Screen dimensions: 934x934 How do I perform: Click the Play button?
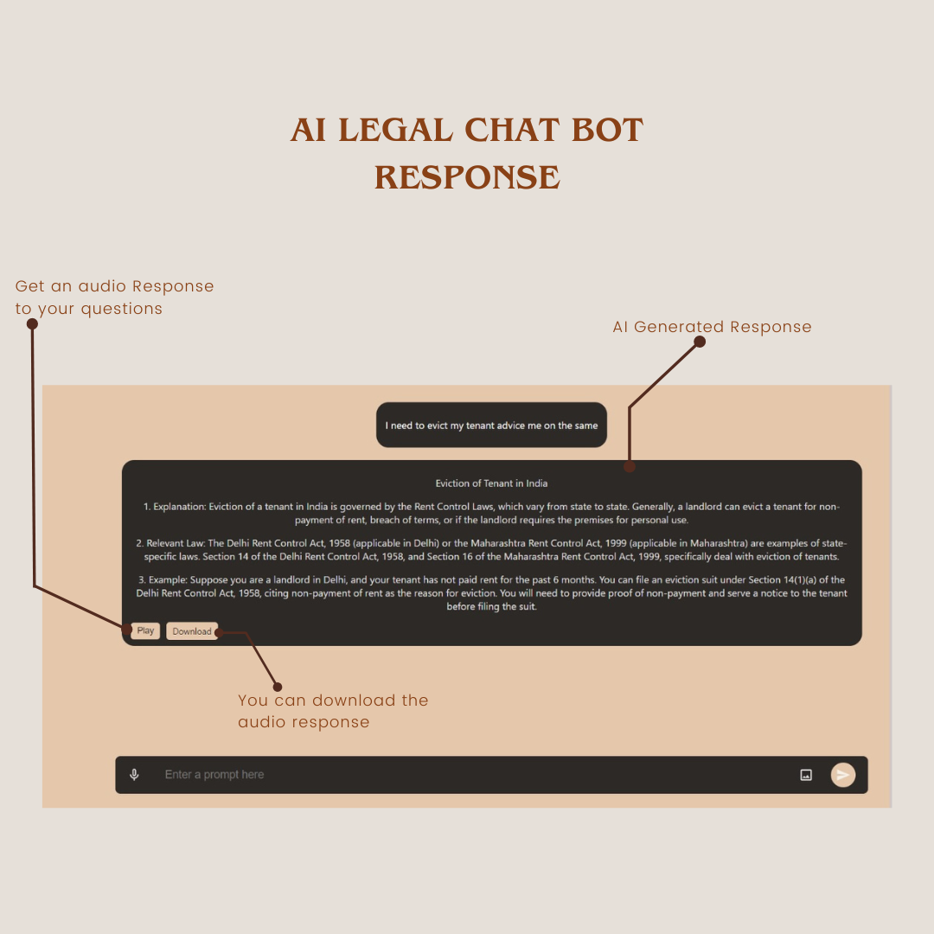[x=145, y=630]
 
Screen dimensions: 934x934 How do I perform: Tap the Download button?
[x=192, y=631]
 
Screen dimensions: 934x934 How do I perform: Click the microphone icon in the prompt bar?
[x=135, y=774]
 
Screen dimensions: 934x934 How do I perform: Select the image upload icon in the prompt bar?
[x=806, y=775]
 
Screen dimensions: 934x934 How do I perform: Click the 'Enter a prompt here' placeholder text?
[x=214, y=774]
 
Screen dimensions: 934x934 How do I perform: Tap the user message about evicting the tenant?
[x=491, y=425]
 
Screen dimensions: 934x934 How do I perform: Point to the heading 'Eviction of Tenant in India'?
[x=491, y=483]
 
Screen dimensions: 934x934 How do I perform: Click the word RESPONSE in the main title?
[x=467, y=177]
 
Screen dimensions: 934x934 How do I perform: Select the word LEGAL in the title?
[x=395, y=130]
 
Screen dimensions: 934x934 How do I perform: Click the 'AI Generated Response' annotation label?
[x=712, y=327]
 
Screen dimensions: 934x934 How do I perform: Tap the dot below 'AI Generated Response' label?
[x=700, y=342]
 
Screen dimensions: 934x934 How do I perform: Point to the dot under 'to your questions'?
[x=32, y=323]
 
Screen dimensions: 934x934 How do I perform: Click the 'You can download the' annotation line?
[x=333, y=700]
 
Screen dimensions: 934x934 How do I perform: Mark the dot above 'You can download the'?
[x=278, y=687]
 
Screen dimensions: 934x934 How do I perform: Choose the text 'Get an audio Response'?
[x=114, y=286]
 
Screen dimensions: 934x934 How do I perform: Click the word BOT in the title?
[x=607, y=130]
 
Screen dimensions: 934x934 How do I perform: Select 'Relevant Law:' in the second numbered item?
[x=176, y=543]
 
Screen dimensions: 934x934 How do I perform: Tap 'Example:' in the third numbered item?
[x=168, y=579]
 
